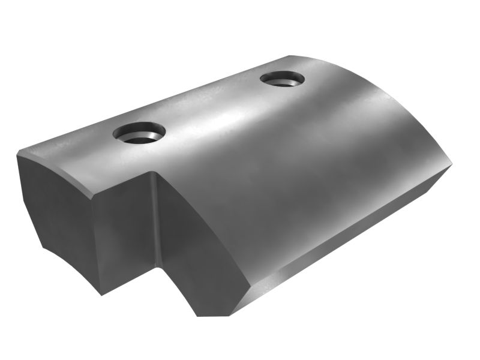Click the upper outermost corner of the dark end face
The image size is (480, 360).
click(x=17, y=154)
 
